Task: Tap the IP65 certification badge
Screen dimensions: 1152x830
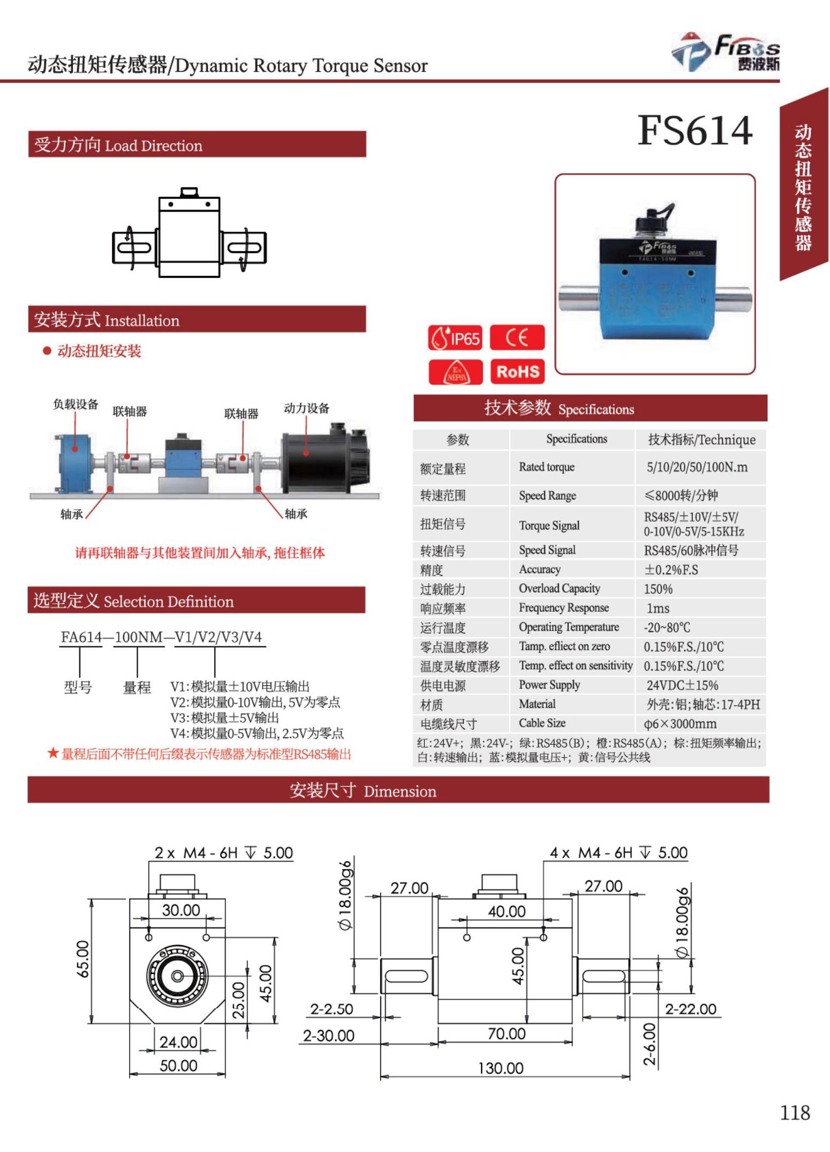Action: pos(455,338)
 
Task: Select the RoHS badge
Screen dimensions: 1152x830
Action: pos(517,371)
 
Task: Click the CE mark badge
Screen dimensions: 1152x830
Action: pos(517,338)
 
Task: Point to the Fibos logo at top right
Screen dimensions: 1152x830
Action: pos(726,53)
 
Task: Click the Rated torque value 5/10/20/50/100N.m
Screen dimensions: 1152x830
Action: pos(697,467)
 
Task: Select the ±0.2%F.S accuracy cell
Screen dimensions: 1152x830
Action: pos(671,570)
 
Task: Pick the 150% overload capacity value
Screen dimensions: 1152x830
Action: pos(658,589)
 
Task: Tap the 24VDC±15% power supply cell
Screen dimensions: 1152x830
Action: pos(682,685)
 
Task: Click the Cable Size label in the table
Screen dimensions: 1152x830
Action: pos(542,723)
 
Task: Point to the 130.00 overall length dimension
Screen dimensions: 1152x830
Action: pos(501,1068)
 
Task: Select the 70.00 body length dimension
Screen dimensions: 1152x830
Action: pos(506,1034)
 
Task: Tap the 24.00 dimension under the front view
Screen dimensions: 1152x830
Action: pos(178,1042)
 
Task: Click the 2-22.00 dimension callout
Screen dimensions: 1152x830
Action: pos(690,1009)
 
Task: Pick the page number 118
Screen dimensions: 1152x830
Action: pos(795,1113)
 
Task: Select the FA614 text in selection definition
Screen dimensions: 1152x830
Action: pos(81,637)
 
